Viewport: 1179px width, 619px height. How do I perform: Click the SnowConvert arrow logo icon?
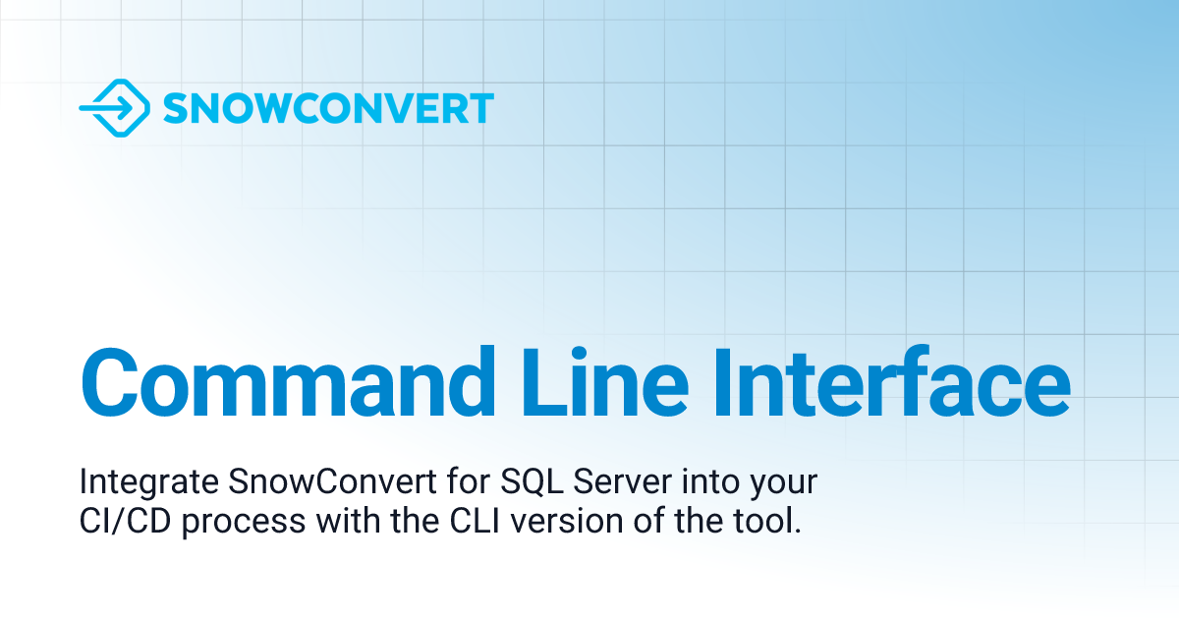point(114,107)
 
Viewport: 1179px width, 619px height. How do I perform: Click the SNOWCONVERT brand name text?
point(327,108)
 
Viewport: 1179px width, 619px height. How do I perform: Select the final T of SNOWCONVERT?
point(480,108)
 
